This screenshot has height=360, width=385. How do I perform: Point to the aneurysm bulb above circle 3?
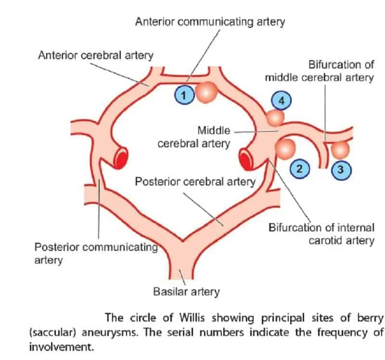pos(341,149)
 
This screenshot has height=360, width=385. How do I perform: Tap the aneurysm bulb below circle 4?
pos(275,117)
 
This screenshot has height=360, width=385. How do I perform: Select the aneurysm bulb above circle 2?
pos(284,149)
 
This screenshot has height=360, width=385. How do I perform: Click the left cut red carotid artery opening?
pos(122,157)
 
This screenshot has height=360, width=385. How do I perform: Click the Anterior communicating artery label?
pos(210,22)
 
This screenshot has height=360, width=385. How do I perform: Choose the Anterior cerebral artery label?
pos(95,55)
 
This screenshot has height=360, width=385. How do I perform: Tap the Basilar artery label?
pos(186,291)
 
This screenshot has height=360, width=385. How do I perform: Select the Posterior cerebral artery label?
pos(194,182)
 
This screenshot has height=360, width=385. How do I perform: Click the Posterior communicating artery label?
pos(96,253)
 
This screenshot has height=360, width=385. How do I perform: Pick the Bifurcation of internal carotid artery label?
pos(321,233)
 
